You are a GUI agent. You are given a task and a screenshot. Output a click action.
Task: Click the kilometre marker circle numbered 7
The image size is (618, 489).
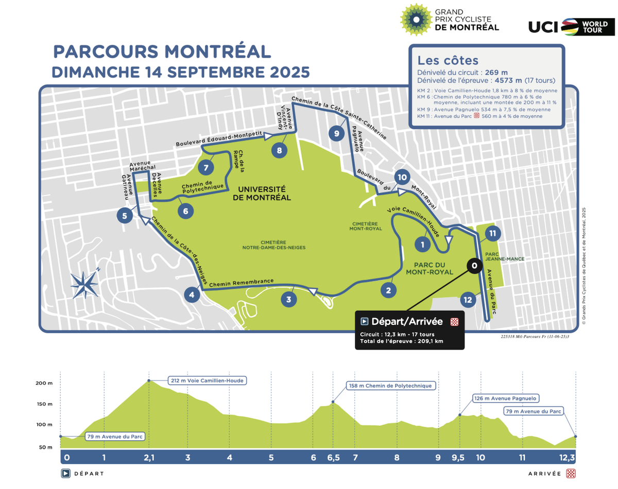coord(205,167)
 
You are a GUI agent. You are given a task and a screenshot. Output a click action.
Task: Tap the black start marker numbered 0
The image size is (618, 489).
coord(474,265)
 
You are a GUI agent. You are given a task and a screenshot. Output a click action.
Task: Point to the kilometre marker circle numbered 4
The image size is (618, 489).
coord(192,295)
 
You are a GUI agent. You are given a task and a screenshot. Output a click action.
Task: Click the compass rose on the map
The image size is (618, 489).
coord(84,284)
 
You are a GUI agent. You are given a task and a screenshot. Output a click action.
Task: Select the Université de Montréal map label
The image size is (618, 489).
coord(262,193)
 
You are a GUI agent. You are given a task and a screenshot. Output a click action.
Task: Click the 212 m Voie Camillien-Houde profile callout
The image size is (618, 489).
coord(206,381)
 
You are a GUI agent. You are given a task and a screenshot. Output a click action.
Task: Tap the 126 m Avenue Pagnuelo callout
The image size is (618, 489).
coord(505,398)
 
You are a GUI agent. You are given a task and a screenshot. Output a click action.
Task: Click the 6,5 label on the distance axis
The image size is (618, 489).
coord(333,458)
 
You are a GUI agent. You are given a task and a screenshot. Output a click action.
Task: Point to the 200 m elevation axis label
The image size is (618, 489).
coord(44,383)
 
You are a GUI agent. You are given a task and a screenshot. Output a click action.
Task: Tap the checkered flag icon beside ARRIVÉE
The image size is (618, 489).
coord(570,474)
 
